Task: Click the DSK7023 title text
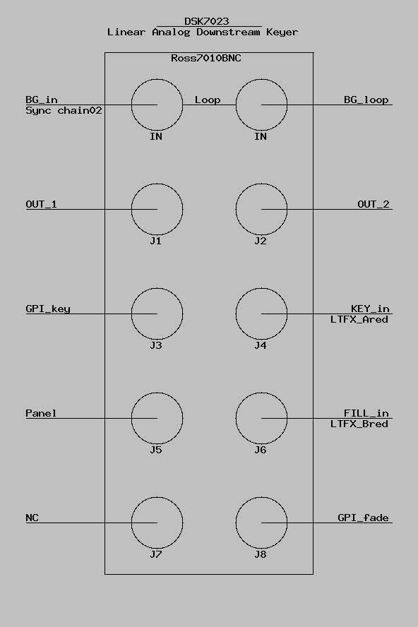click(x=206, y=21)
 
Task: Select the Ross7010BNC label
click(x=206, y=58)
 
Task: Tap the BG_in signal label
click(x=42, y=100)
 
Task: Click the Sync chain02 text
click(x=64, y=110)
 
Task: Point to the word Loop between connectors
click(x=208, y=100)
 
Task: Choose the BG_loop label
click(x=366, y=100)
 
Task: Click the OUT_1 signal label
click(x=41, y=204)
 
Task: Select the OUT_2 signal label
click(x=374, y=204)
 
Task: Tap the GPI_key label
click(x=48, y=309)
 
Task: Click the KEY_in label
click(x=370, y=309)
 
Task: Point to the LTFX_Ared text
click(x=359, y=319)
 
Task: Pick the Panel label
click(x=41, y=413)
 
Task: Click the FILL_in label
click(x=366, y=413)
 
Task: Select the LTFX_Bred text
click(x=359, y=424)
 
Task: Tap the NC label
click(x=32, y=518)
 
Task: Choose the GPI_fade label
click(x=363, y=518)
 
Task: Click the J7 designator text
click(x=156, y=554)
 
